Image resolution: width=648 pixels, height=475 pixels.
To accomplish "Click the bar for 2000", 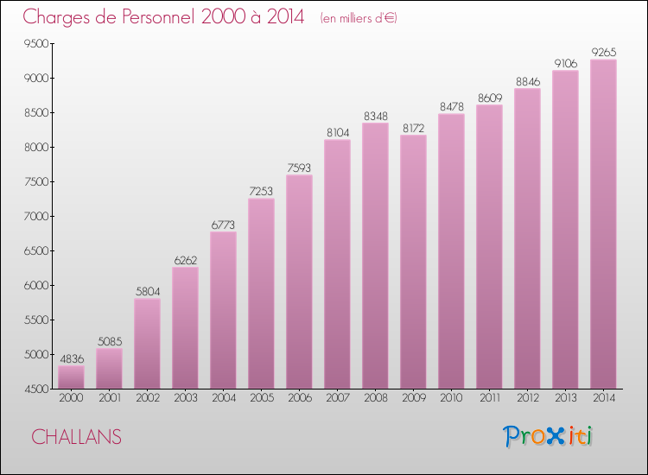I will (x=71, y=377).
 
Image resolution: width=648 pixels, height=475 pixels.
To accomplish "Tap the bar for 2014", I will (x=603, y=225).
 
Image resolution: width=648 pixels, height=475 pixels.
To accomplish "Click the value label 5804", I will (x=147, y=292).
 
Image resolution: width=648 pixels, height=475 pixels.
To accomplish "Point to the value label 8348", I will (x=375, y=116).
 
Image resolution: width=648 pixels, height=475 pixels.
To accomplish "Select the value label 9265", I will (x=603, y=53).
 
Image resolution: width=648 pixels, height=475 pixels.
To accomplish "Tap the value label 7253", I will (x=261, y=192).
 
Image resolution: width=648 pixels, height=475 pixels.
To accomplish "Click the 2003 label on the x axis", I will (x=185, y=398).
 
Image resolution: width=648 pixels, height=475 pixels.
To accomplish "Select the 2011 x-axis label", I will (x=489, y=398).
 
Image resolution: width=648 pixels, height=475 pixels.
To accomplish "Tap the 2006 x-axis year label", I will (x=299, y=398).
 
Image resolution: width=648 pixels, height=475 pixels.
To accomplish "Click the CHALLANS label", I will (x=76, y=437).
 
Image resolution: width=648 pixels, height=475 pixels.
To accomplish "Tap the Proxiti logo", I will (x=548, y=436).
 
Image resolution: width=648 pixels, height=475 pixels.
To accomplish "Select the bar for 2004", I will (x=223, y=310).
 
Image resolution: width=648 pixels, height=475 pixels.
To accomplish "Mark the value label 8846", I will (x=527, y=81).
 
